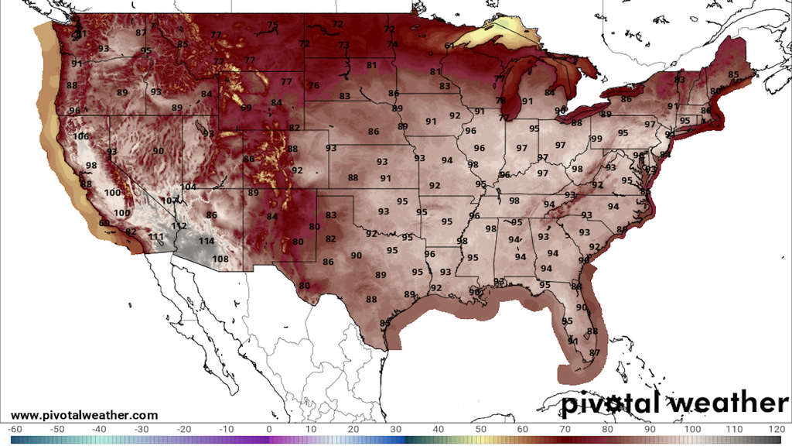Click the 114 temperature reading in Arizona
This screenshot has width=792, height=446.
[x=206, y=242]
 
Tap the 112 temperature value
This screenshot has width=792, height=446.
[x=179, y=225]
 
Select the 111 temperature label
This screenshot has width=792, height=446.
[x=156, y=237]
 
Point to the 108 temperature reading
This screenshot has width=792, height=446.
[x=220, y=259]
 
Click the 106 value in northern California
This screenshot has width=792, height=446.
[x=80, y=137]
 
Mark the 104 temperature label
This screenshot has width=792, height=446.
[x=188, y=187]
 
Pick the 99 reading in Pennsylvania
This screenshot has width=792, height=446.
[x=596, y=139]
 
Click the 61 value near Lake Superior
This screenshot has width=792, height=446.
[x=449, y=46]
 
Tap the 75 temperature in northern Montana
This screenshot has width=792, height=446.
[x=272, y=26]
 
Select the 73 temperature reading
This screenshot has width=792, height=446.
[x=343, y=46]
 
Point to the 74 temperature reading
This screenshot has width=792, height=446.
[x=393, y=45]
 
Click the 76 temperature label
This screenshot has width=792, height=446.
[x=313, y=86]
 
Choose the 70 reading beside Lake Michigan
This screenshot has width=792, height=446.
[x=500, y=101]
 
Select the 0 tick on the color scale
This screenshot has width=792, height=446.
[x=268, y=429]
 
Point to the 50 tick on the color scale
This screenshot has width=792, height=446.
[x=481, y=429]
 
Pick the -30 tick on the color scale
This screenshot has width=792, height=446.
[x=141, y=429]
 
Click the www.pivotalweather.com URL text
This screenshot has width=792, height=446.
[x=84, y=416]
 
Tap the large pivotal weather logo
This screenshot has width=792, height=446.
[x=674, y=403]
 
